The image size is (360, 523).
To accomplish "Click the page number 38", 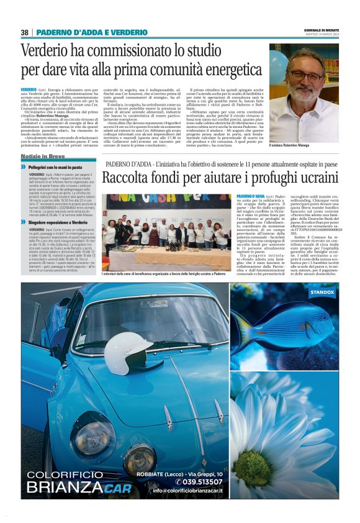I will click(25, 32).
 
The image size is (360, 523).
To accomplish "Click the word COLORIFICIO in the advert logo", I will click(69, 475).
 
